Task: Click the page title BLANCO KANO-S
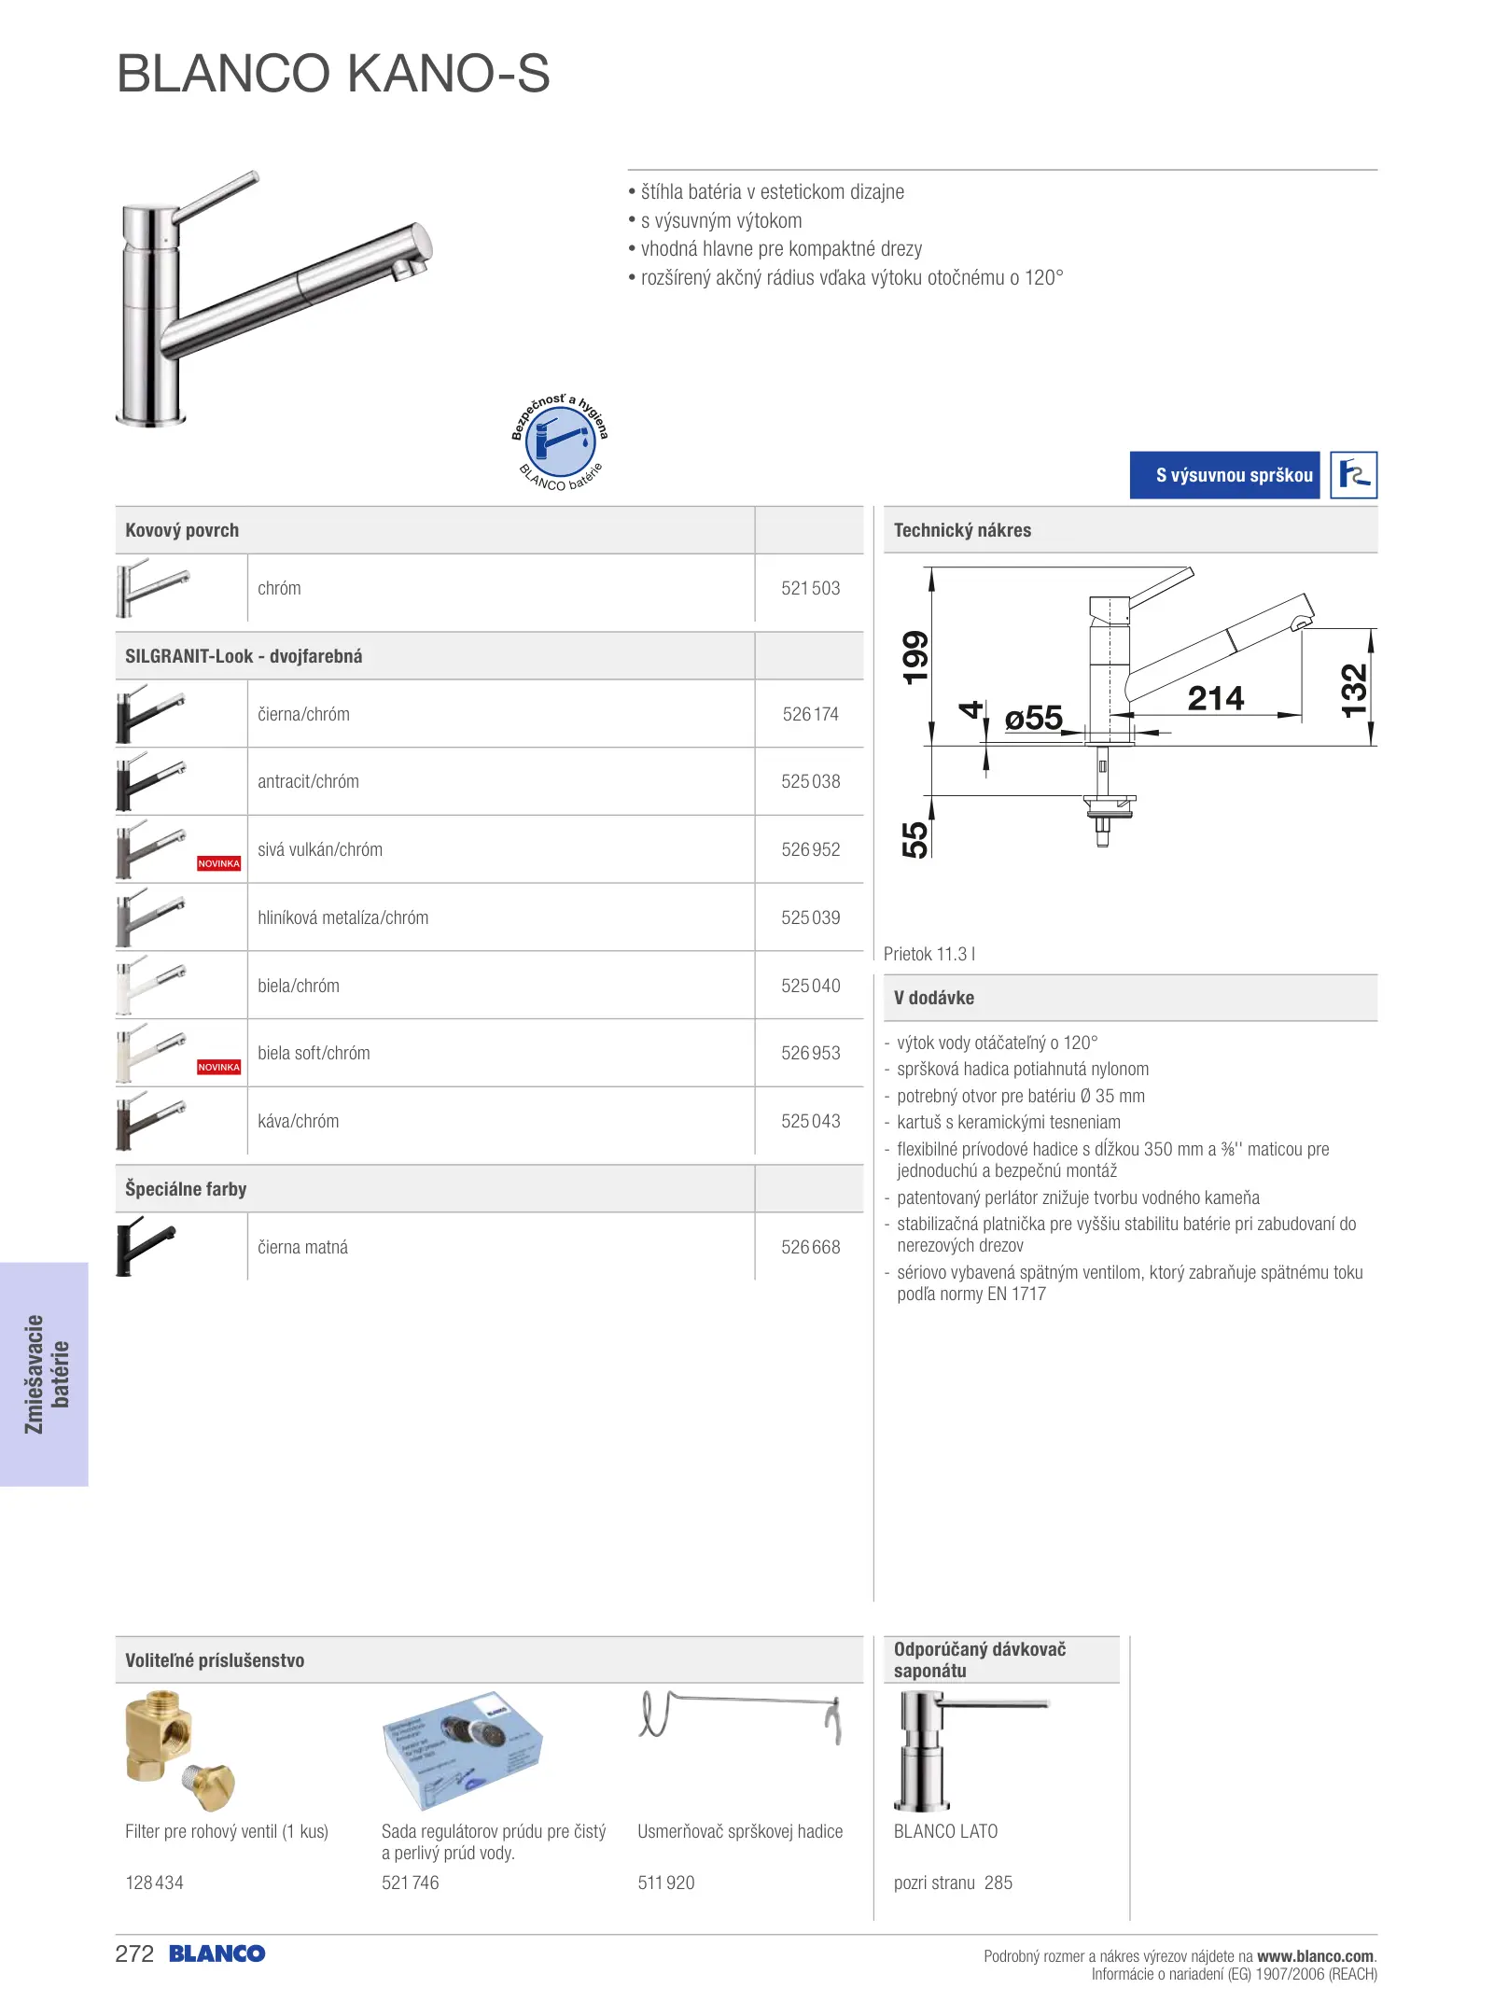tap(333, 74)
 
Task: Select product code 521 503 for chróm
tap(810, 589)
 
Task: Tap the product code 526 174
tap(810, 715)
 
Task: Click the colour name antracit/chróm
tap(308, 782)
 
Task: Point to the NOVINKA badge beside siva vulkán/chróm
tap(218, 864)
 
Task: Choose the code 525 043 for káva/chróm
tap(810, 1122)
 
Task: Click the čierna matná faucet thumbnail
tap(147, 1246)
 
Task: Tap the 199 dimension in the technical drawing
tap(915, 657)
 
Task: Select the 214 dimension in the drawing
tap(1215, 698)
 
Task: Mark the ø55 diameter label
tap(1033, 718)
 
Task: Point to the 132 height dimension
tap(1353, 691)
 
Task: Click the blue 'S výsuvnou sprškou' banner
tap(1224, 475)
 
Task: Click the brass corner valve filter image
tap(178, 1750)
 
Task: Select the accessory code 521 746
tap(410, 1883)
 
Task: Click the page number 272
tap(134, 1954)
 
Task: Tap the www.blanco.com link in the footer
tap(1315, 1956)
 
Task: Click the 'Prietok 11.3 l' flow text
tap(929, 954)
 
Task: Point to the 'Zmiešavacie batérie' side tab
tap(45, 1374)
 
